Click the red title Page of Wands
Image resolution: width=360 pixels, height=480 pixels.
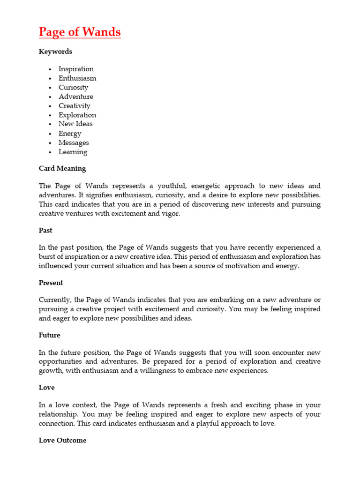[80, 32]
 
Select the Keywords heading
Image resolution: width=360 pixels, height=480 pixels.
[55, 52]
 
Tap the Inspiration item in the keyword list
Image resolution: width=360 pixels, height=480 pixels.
[76, 69]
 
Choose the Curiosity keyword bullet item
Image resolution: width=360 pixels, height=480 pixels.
[73, 87]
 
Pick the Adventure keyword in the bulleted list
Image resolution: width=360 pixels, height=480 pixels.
[75, 97]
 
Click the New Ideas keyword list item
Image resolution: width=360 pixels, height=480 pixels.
[75, 124]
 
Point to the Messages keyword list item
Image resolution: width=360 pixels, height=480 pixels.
[74, 142]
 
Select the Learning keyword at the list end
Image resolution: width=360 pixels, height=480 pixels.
[73, 152]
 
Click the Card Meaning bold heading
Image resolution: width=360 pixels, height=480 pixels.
[62, 168]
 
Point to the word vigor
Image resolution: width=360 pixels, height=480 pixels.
[169, 213]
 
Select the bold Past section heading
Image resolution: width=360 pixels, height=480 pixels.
[45, 231]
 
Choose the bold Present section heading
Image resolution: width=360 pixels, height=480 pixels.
[51, 283]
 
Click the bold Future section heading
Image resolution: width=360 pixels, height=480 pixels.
[49, 335]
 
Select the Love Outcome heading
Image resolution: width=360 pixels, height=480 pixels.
[62, 441]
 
